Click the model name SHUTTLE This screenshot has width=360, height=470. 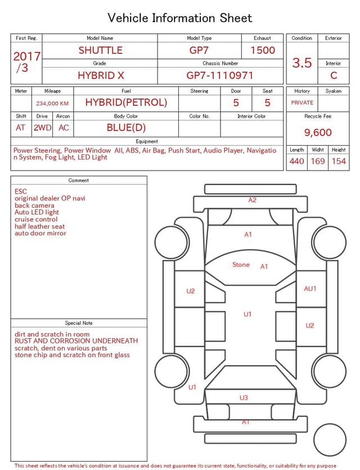[100, 50]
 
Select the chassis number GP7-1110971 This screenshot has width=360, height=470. [220, 75]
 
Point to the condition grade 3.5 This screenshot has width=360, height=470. [302, 62]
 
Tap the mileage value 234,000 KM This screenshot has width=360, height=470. [52, 104]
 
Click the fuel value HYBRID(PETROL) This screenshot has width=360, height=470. [126, 102]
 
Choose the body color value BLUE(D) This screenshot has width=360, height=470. [126, 128]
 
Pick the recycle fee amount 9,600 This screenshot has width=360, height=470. [318, 132]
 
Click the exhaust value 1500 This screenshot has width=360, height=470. [263, 50]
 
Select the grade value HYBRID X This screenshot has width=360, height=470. [101, 75]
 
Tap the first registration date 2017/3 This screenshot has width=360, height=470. [26, 62]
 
